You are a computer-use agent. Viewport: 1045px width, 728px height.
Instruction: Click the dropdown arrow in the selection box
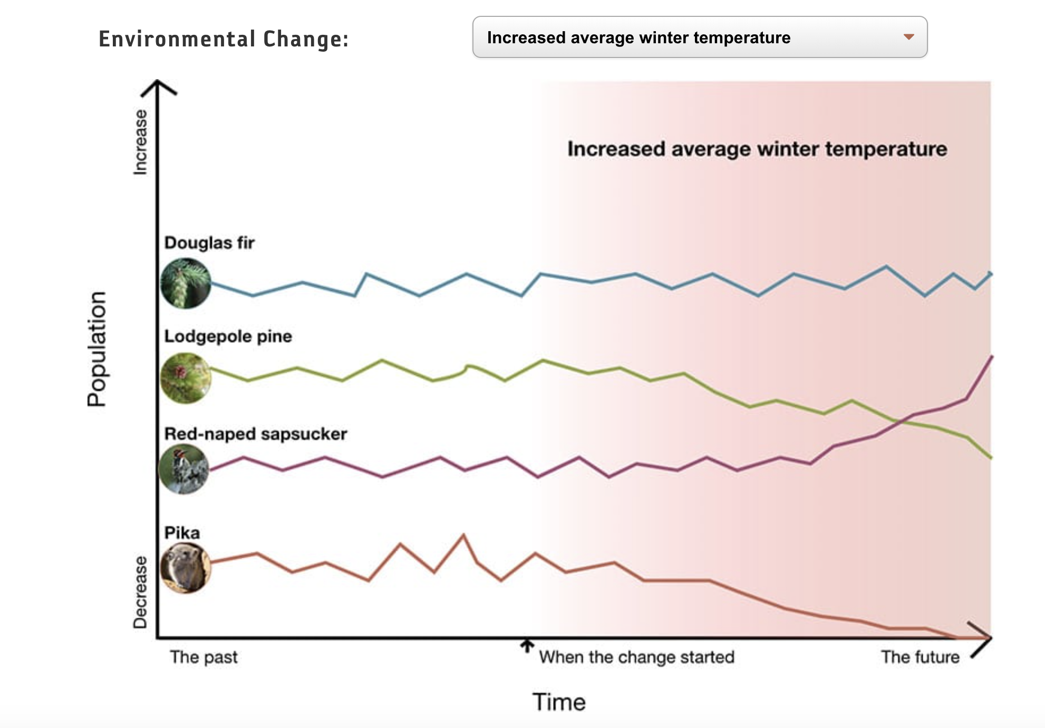point(908,37)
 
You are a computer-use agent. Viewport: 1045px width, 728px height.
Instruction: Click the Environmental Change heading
point(224,39)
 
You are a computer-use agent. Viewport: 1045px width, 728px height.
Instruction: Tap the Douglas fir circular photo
point(186,283)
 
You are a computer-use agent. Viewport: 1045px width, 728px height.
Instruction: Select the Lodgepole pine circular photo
point(186,378)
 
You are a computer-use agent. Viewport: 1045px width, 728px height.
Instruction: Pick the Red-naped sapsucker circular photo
point(184,469)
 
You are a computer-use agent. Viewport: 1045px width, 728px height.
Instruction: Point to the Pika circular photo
point(186,568)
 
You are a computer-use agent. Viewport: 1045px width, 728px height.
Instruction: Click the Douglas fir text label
point(209,243)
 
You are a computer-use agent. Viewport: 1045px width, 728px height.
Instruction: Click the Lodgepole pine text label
point(228,336)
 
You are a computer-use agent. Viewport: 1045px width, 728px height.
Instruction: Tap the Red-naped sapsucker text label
point(256,434)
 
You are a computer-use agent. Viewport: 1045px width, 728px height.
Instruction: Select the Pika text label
point(182,532)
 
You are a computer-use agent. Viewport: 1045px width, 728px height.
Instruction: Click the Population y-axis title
point(96,349)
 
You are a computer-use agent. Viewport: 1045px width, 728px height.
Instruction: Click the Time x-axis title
point(559,702)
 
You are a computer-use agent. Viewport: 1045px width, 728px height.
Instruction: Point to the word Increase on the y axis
point(140,142)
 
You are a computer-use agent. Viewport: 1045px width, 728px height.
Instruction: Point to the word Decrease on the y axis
point(140,592)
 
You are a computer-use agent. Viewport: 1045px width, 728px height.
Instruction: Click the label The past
point(204,657)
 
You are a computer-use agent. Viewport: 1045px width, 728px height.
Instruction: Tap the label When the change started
point(636,657)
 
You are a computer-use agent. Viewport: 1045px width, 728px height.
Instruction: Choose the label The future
point(920,657)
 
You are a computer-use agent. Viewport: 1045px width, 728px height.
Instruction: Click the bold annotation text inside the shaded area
point(757,149)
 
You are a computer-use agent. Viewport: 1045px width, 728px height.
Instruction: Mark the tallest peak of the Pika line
point(464,535)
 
